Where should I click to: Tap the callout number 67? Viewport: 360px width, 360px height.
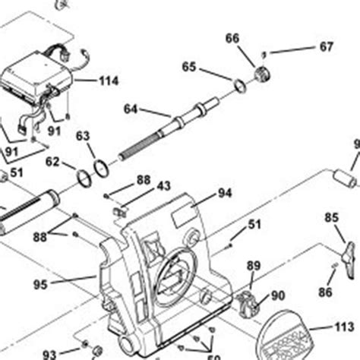(326, 47)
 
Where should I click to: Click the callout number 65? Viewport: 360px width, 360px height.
(189, 67)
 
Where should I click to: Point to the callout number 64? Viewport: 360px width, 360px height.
(131, 109)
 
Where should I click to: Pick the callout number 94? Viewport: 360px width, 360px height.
(225, 193)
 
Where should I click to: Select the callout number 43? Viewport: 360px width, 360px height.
(164, 185)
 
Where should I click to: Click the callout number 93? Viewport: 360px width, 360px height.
(49, 354)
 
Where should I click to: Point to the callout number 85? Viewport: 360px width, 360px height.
(332, 218)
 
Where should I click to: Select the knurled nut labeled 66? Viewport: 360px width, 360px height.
(263, 74)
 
